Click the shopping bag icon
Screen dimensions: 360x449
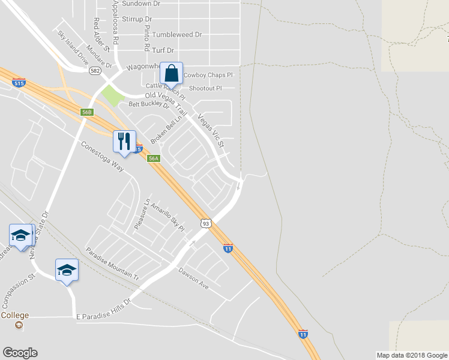172,74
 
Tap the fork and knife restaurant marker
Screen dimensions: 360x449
124,141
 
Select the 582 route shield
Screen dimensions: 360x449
94,70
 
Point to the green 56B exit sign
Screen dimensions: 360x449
87,112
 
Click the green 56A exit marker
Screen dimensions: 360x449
154,158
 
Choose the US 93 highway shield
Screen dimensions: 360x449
206,223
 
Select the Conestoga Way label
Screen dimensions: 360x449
102,157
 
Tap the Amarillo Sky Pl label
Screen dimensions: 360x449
166,217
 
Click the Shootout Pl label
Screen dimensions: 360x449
205,88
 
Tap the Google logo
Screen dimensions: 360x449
20,353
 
